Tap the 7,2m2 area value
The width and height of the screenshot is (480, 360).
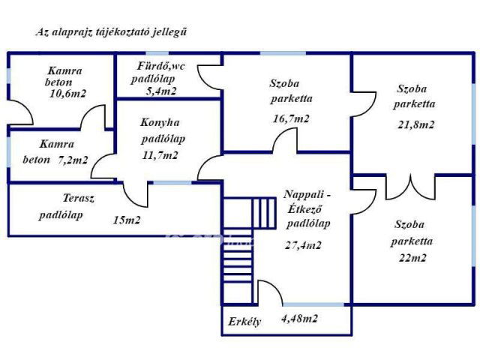tap(73, 160)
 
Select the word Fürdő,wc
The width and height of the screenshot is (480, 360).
tap(160, 65)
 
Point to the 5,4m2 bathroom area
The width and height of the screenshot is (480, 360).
tap(161, 91)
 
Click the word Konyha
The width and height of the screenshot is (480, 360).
tap(160, 122)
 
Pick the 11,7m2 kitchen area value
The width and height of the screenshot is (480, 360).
tap(160, 155)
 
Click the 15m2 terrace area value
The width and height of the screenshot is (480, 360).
tap(127, 220)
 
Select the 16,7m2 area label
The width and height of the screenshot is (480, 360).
tap(291, 118)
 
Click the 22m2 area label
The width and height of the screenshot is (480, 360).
tap(412, 258)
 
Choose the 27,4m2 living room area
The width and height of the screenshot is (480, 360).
tap(303, 244)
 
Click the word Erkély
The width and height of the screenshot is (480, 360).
tap(244, 323)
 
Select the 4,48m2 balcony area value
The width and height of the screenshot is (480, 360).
tap(299, 319)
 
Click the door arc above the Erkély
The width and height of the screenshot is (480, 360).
tap(268, 292)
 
